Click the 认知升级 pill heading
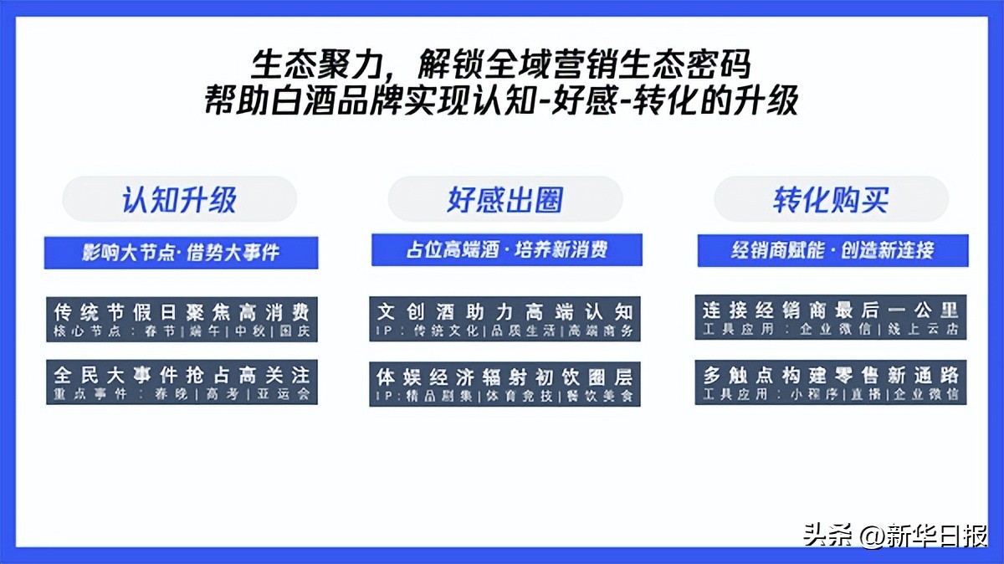pos(180,200)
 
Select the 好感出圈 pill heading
pos(505,200)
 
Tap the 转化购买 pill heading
pos(831,200)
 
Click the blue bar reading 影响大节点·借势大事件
pos(181,252)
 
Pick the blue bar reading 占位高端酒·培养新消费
pos(506,249)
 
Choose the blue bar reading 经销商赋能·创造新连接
pos(832,249)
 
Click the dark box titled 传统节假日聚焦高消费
pos(182,319)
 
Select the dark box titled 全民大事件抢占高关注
pos(182,382)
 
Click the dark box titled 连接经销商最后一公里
pos(831,317)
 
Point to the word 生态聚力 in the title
pos(307,64)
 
